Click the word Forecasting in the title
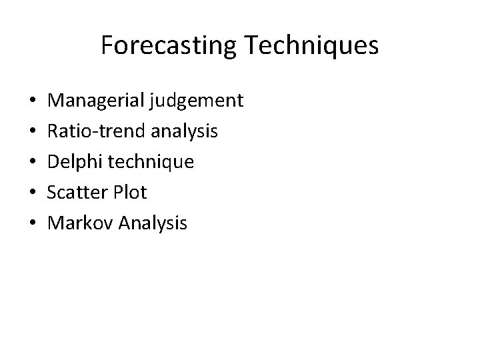click(x=167, y=46)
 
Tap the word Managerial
click(x=98, y=101)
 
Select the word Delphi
click(x=75, y=162)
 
